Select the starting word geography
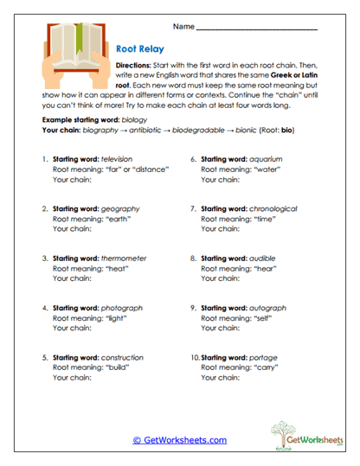click(122, 209)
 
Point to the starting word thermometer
click(125, 259)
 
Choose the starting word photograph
click(122, 308)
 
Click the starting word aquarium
click(267, 161)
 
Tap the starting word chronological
click(273, 209)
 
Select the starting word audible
click(264, 259)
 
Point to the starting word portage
click(265, 357)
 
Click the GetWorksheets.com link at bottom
click(179, 439)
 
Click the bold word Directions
click(133, 66)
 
